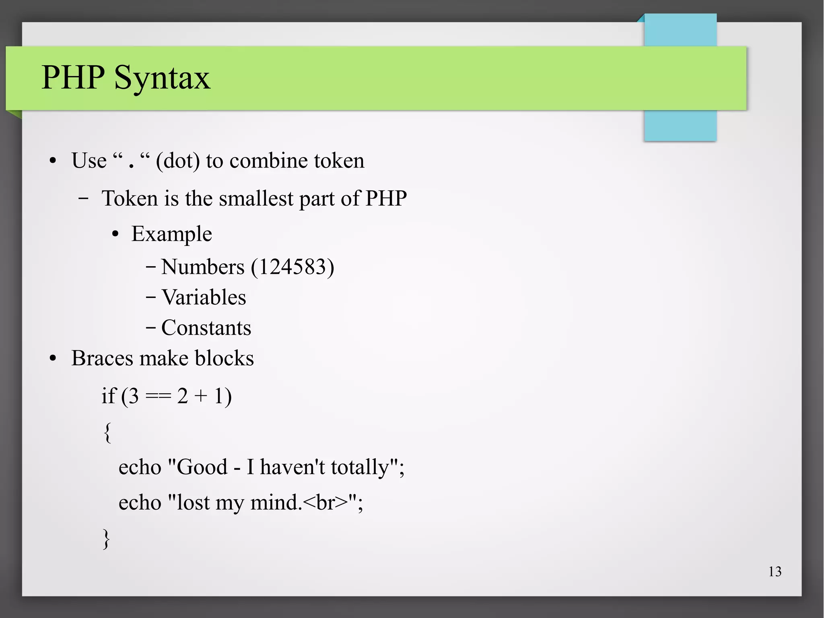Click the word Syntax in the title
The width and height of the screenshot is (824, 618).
tap(162, 77)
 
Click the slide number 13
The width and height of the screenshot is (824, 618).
tap(775, 572)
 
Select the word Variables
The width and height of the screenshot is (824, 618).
tap(204, 298)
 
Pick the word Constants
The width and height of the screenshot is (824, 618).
tap(206, 328)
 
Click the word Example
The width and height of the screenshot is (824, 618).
tap(171, 234)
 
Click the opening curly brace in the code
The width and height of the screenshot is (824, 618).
tap(107, 432)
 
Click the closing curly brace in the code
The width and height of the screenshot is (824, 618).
tap(106, 539)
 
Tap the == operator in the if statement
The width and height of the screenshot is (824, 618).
tap(158, 396)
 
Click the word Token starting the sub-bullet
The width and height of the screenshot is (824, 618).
tap(129, 198)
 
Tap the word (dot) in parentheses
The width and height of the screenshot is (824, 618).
tap(177, 161)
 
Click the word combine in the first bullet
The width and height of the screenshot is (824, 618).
tap(268, 161)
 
